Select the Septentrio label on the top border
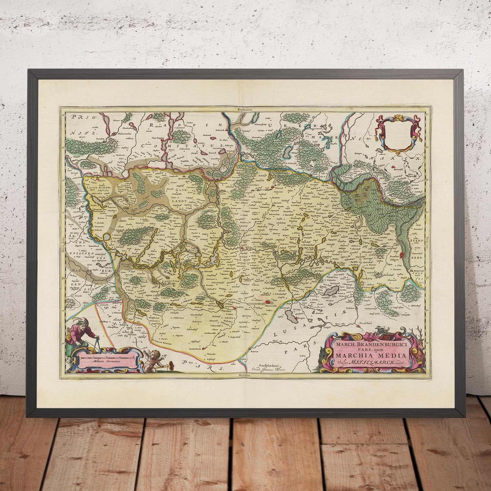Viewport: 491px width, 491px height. (244, 110)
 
